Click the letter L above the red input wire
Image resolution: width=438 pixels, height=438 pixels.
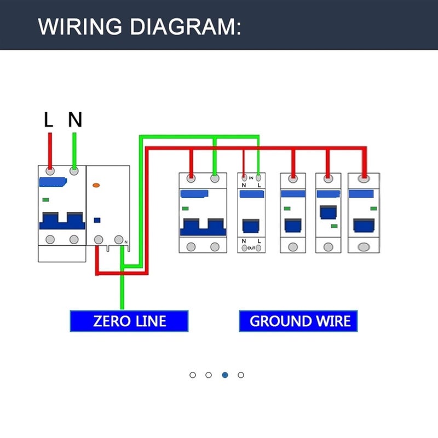(x=49, y=120)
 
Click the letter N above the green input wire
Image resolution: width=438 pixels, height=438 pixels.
(x=75, y=119)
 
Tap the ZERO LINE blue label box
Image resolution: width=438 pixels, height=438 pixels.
(x=129, y=321)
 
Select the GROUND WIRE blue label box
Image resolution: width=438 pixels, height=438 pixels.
(x=298, y=321)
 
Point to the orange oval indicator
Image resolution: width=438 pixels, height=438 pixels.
(x=96, y=186)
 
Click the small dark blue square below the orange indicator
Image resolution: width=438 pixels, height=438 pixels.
(x=97, y=221)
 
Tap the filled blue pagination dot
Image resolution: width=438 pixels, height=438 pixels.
(x=225, y=375)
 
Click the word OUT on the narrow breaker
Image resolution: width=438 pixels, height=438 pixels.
(x=251, y=248)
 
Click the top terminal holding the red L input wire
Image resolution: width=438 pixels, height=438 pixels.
(x=50, y=171)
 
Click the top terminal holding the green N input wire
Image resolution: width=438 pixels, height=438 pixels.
(x=74, y=171)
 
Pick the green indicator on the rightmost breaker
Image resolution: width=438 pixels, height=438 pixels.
(x=373, y=208)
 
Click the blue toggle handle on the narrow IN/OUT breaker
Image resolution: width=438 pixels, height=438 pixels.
(x=251, y=226)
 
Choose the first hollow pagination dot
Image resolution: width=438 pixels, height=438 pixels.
(x=193, y=375)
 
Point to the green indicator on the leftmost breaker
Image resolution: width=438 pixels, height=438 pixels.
(x=46, y=200)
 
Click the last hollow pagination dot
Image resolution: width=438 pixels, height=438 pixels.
(x=241, y=375)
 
